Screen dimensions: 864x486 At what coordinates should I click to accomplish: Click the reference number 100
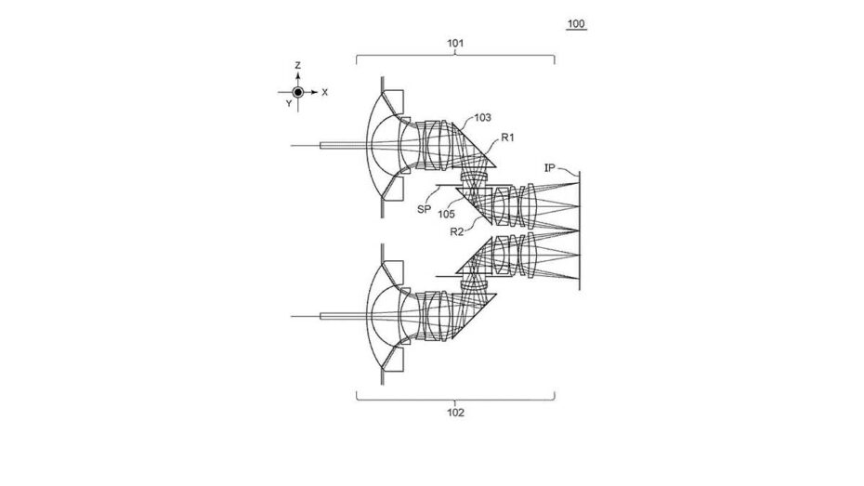click(x=576, y=23)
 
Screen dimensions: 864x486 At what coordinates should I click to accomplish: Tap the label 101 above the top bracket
click(x=455, y=43)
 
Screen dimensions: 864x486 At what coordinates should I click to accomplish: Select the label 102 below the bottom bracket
click(x=456, y=413)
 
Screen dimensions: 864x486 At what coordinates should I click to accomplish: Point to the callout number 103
click(x=482, y=117)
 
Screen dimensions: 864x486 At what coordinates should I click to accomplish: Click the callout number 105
click(x=446, y=214)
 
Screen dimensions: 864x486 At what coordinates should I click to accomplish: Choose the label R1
click(x=507, y=138)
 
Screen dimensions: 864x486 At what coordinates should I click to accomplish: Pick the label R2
click(x=457, y=232)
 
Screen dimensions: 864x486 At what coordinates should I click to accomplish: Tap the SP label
click(x=424, y=210)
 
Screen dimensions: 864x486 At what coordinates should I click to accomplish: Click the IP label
click(x=549, y=167)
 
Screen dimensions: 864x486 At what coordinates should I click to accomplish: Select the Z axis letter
click(x=297, y=66)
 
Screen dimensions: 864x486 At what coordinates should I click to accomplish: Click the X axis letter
click(x=324, y=93)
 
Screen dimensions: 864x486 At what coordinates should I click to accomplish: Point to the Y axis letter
click(x=289, y=103)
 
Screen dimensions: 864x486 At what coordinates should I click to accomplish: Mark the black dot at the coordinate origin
click(x=297, y=92)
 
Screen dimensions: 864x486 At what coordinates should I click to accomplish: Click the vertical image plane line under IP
click(x=579, y=230)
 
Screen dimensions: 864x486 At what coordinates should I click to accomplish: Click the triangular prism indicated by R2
click(x=477, y=203)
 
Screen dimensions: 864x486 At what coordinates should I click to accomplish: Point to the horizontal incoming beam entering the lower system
click(x=331, y=316)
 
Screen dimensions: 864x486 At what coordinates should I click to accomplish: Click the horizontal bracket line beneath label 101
click(x=455, y=56)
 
